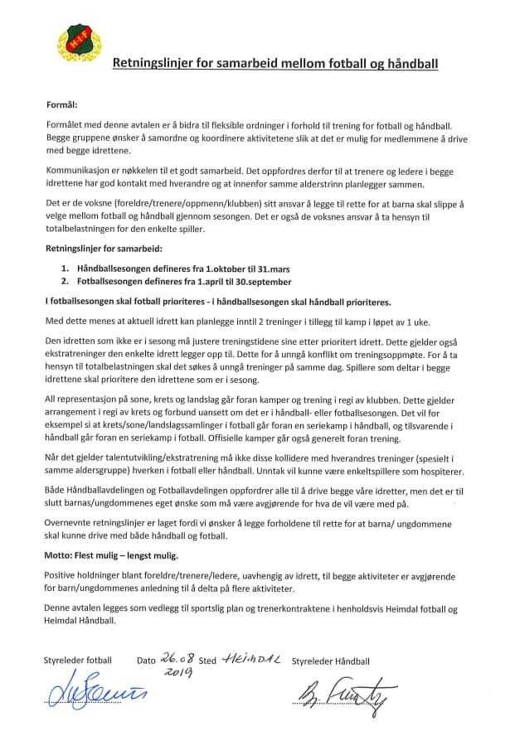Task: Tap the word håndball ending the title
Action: click(x=411, y=62)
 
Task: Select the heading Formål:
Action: click(x=61, y=105)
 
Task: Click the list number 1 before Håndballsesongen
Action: click(x=65, y=269)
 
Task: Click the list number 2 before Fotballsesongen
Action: click(x=65, y=282)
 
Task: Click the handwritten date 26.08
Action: click(x=177, y=660)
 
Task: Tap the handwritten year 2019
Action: click(x=177, y=673)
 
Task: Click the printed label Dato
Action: click(x=146, y=661)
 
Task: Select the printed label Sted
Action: click(x=207, y=661)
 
